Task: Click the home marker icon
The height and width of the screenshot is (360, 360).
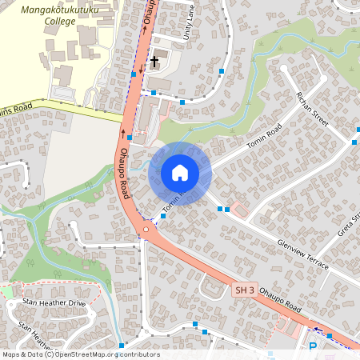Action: [180, 173]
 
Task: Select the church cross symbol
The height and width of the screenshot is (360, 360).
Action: [154, 62]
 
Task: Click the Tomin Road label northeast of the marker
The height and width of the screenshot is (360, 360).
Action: [265, 136]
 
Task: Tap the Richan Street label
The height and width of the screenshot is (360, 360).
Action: [312, 108]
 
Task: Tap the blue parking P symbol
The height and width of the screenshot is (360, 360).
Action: [313, 346]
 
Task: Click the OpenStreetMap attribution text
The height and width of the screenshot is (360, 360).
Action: [81, 354]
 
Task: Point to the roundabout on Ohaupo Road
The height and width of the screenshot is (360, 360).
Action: [146, 232]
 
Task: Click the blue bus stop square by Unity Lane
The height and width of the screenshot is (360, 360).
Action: [222, 73]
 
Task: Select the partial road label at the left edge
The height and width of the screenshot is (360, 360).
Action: [16, 106]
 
